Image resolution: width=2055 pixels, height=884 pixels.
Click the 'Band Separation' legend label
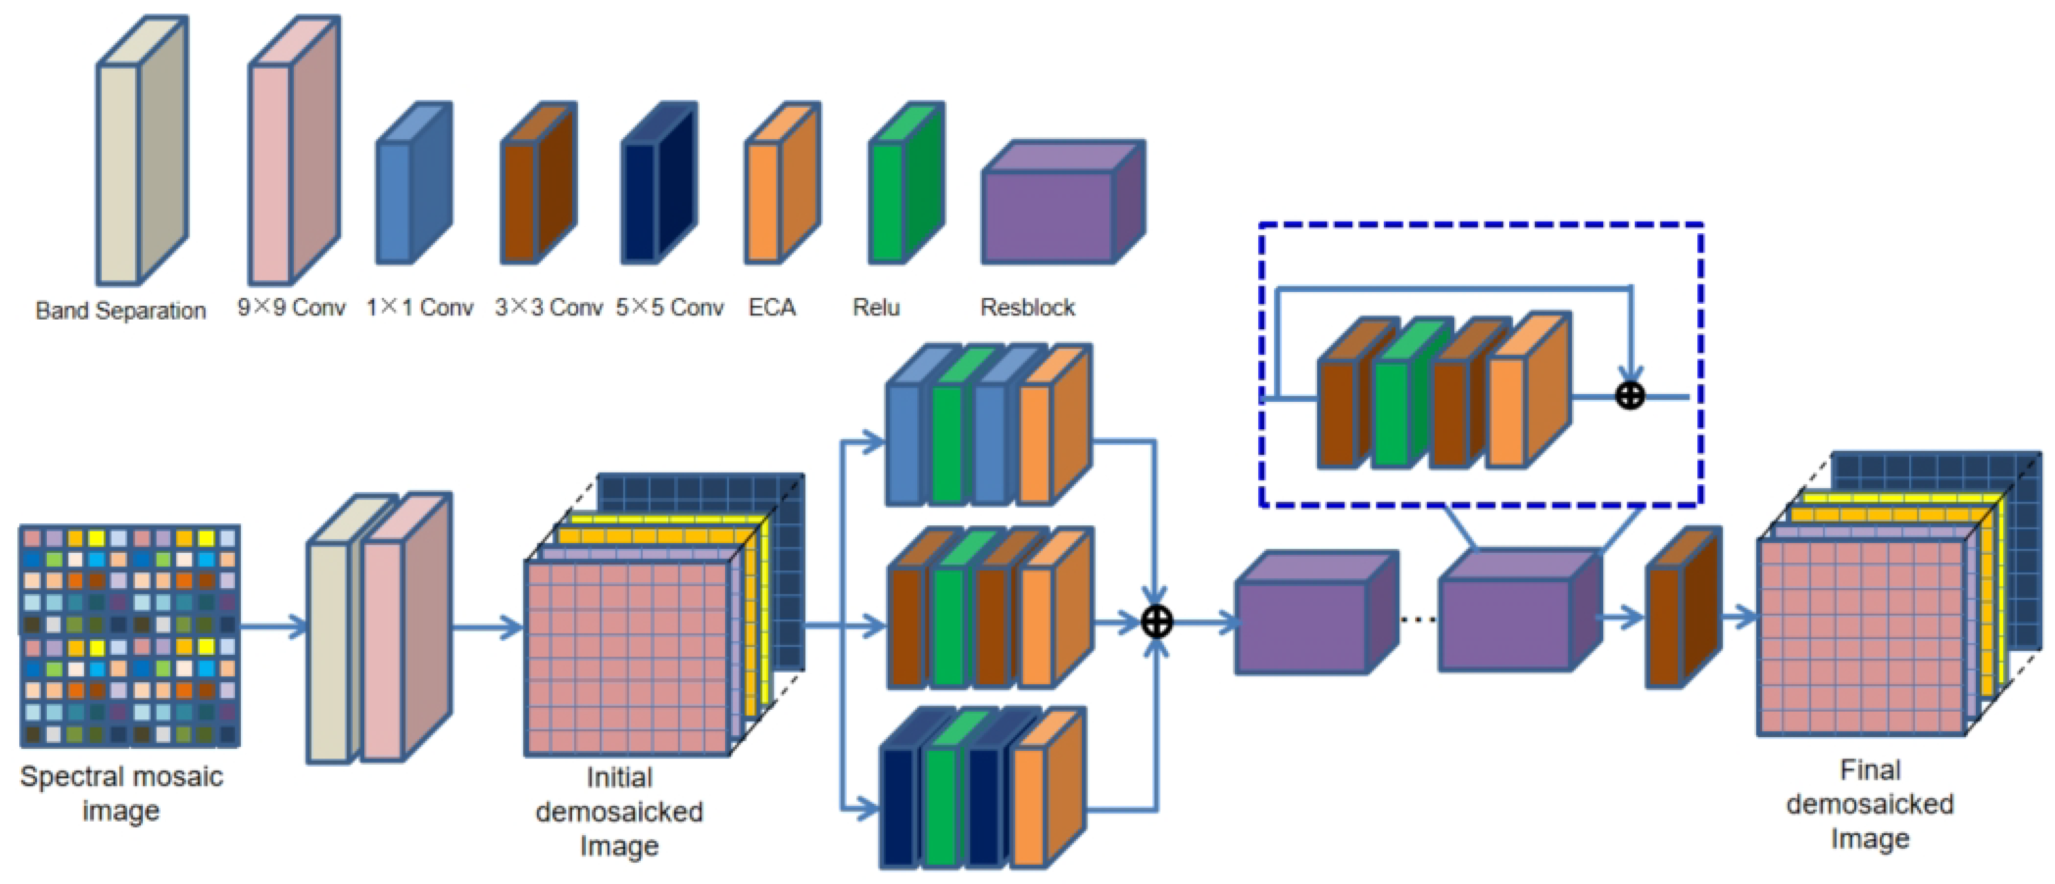click(120, 310)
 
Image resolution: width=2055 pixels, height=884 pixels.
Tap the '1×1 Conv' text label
click(420, 307)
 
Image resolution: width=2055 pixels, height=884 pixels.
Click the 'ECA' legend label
click(771, 307)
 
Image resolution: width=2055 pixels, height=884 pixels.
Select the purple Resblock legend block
click(1047, 215)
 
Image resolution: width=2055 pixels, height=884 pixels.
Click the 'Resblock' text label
click(1027, 307)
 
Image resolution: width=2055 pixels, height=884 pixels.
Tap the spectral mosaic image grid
click(129, 636)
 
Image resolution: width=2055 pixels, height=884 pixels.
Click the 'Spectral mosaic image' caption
click(121, 793)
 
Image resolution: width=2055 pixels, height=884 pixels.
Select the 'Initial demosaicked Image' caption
click(619, 811)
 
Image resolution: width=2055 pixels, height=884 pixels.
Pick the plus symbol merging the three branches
click(1157, 622)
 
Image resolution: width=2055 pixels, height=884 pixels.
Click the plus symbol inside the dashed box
click(1630, 396)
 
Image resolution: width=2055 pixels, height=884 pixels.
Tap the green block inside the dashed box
click(1391, 413)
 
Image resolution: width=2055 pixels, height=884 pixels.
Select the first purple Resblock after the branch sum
click(1302, 626)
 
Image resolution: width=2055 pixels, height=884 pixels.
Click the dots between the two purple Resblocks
click(1418, 619)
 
